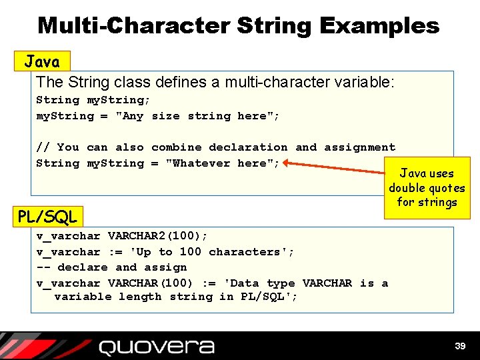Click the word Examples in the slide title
[380, 26]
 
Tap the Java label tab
[42, 62]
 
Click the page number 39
[459, 346]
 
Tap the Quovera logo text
[156, 347]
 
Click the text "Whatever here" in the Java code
[222, 163]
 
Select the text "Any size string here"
[197, 116]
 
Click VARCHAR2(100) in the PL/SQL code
[157, 236]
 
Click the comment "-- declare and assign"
[111, 267]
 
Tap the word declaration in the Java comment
[249, 147]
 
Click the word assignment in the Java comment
[359, 147]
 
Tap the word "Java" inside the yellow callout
[413, 173]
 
